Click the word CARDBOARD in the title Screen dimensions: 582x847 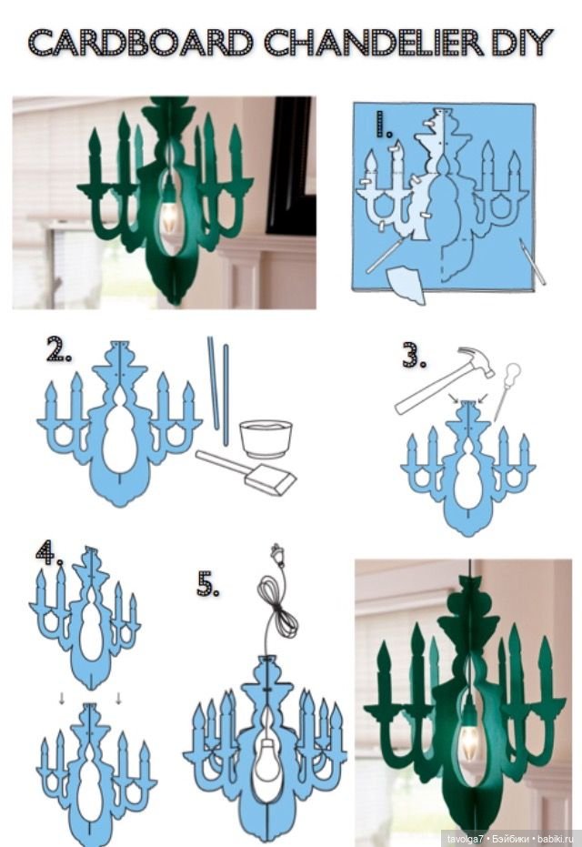click(x=140, y=42)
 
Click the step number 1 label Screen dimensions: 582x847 click(x=384, y=125)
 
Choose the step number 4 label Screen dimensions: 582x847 click(x=48, y=552)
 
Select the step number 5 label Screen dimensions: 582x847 click(x=208, y=584)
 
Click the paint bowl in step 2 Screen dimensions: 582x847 click(x=266, y=439)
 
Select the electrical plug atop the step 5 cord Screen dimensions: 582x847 click(x=277, y=554)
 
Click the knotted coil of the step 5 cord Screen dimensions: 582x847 click(x=277, y=601)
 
